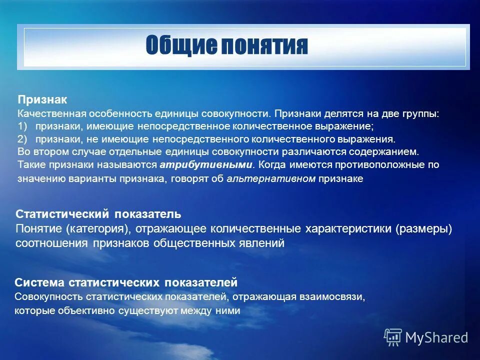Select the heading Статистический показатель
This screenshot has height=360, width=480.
tap(98, 214)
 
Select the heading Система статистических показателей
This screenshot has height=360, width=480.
tap(126, 282)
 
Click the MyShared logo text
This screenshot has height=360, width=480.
tap(436, 337)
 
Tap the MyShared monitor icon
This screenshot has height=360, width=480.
tap(393, 337)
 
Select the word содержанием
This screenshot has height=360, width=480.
tap(389, 151)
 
